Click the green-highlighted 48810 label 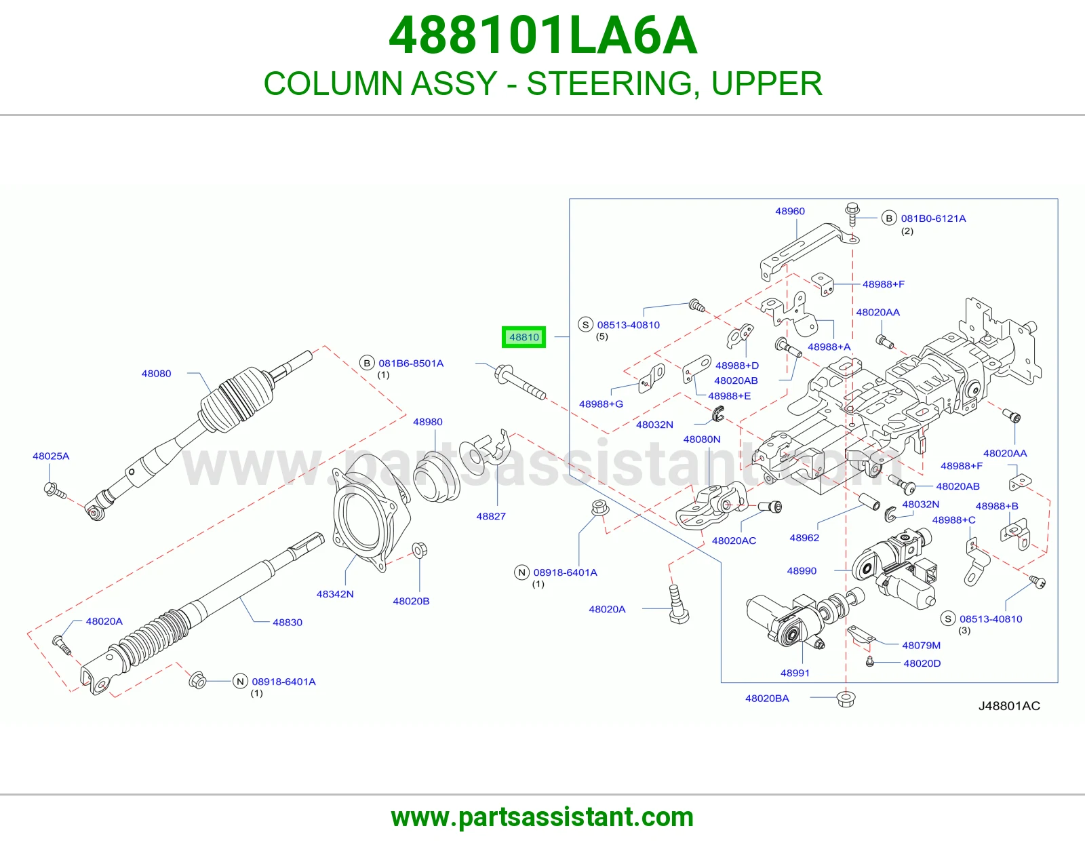pos(524,337)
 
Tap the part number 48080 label pos(156,374)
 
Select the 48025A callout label pos(51,456)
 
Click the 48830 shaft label pos(288,622)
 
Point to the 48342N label pos(335,594)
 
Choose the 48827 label pos(491,516)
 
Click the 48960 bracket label pos(790,211)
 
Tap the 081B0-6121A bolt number pos(933,218)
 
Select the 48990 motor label pos(802,571)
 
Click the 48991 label pos(795,673)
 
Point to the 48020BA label pos(767,698)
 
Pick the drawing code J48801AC pos(1009,705)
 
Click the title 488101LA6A pos(542,35)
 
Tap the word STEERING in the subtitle pos(610,83)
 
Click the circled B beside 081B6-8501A pos(367,363)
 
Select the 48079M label pos(921,645)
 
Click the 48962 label pos(804,538)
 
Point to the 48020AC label pos(734,541)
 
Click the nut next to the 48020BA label pos(846,699)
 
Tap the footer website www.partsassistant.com pos(542,817)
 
